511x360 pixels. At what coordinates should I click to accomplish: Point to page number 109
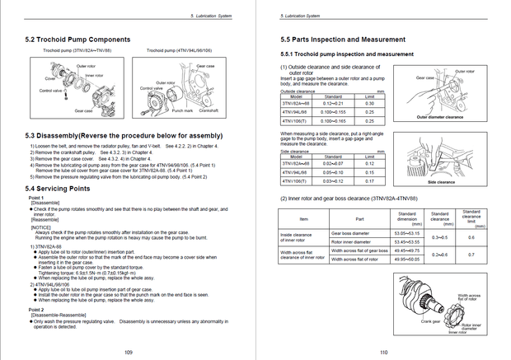click(x=129, y=352)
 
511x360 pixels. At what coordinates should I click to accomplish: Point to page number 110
click(x=384, y=352)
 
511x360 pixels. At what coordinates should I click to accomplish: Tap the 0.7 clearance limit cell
click(x=471, y=255)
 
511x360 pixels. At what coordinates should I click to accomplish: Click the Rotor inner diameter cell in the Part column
click(x=350, y=241)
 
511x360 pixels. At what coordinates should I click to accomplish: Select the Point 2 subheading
click(x=36, y=309)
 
